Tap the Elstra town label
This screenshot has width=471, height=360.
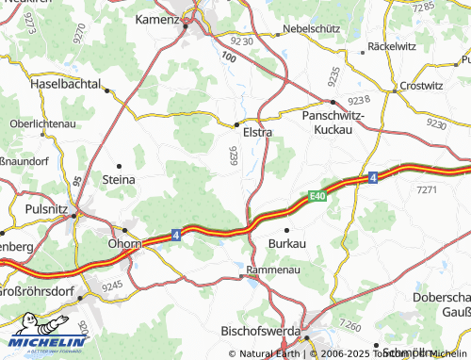257,133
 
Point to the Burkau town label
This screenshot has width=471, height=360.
287,243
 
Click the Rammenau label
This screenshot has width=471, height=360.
271,270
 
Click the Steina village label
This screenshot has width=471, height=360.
119,178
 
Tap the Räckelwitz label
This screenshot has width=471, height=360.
392,45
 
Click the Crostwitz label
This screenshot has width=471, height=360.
420,85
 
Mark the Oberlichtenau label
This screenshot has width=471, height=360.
43,123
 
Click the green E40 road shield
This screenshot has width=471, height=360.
321,195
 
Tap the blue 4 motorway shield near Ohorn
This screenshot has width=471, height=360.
175,237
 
